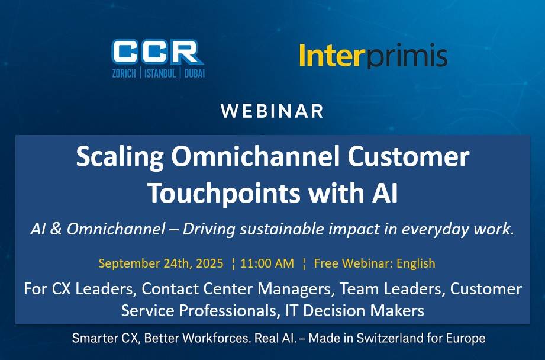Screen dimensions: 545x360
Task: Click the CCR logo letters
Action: click(x=158, y=52)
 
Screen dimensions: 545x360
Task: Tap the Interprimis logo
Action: click(x=373, y=56)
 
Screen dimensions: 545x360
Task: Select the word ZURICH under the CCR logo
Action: click(x=124, y=73)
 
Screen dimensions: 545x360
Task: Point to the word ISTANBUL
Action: click(x=160, y=73)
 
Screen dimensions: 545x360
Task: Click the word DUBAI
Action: click(x=194, y=73)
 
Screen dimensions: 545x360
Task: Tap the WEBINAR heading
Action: click(x=272, y=111)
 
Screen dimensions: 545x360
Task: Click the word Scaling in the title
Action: click(x=120, y=157)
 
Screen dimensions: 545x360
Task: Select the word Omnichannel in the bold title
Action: click(x=256, y=156)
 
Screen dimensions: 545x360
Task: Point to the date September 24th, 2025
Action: click(x=161, y=263)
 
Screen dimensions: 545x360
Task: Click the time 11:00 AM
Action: click(x=267, y=263)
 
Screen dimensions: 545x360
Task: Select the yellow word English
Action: click(x=415, y=263)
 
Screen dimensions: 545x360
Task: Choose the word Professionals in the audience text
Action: click(x=228, y=311)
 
